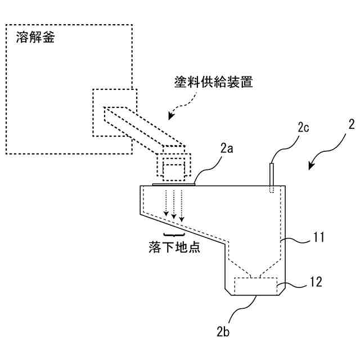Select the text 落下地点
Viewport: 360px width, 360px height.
click(x=173, y=248)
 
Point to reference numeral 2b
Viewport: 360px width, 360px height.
click(x=223, y=332)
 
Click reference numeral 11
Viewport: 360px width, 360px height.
click(x=319, y=238)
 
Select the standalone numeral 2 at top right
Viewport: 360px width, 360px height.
click(x=351, y=125)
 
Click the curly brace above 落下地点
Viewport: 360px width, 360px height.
click(x=173, y=233)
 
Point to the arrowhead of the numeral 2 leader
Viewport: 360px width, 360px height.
click(x=310, y=166)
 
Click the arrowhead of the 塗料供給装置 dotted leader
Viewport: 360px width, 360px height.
click(x=170, y=116)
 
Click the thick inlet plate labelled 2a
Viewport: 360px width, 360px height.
click(x=174, y=183)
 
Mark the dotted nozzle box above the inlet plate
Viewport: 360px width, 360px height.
click(x=174, y=166)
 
